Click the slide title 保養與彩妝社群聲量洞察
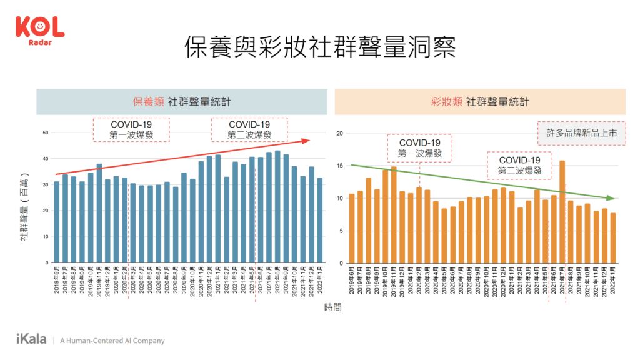[319, 47]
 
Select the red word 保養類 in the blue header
[147, 102]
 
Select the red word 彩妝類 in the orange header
[446, 102]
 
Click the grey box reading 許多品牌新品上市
[581, 133]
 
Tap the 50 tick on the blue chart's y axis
[46, 132]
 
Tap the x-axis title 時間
[332, 307]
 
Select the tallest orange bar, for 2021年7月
[562, 212]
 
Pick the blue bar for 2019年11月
[99, 213]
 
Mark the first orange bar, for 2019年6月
[351, 228]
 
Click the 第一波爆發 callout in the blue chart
[131, 130]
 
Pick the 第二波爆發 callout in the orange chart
[519, 166]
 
